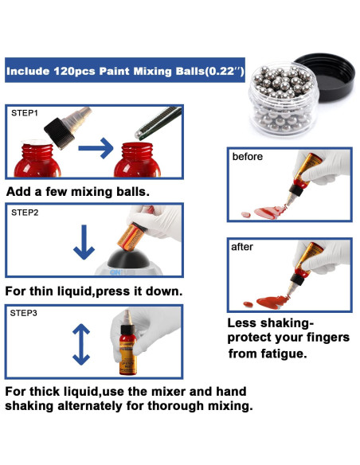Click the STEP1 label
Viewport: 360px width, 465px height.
pyautogui.click(x=25, y=113)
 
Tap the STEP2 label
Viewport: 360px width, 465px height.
pyautogui.click(x=25, y=213)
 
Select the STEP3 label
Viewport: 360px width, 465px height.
pyautogui.click(x=24, y=313)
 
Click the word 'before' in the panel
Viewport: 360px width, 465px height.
pyautogui.click(x=248, y=156)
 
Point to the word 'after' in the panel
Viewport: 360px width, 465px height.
pyautogui.click(x=242, y=247)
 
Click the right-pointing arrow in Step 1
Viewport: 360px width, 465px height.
pyautogui.click(x=96, y=147)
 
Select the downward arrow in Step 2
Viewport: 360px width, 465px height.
pyautogui.click(x=84, y=242)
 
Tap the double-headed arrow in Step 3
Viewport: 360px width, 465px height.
pyautogui.click(x=81, y=344)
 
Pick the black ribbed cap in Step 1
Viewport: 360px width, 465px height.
pyautogui.click(x=59, y=133)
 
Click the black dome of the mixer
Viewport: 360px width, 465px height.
pyautogui.click(x=128, y=259)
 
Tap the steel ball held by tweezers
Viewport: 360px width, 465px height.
pyautogui.click(x=138, y=135)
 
